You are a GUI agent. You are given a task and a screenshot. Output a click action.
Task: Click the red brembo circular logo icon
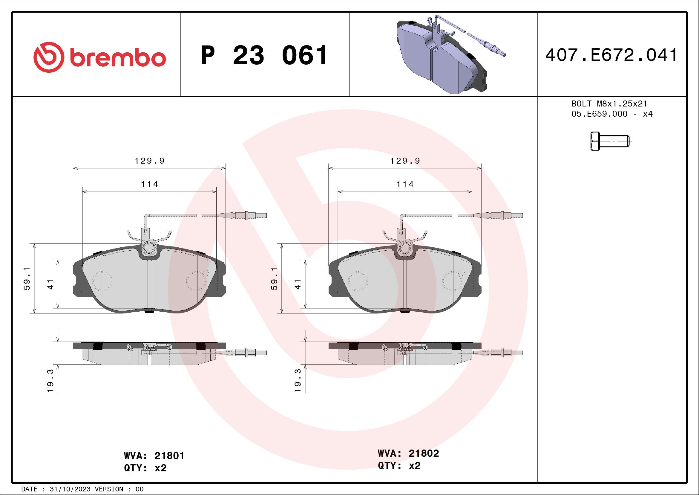click(x=49, y=57)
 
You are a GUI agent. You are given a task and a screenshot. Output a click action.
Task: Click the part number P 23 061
click(x=264, y=55)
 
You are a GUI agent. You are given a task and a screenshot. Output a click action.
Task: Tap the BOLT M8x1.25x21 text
click(x=609, y=103)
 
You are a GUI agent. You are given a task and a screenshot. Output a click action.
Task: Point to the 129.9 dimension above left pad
click(x=149, y=161)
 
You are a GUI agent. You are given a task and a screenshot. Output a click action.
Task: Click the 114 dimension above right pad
click(x=405, y=185)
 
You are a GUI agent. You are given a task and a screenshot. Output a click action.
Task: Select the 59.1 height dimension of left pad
click(x=27, y=278)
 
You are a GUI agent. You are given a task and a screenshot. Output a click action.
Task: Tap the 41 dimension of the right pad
click(x=298, y=284)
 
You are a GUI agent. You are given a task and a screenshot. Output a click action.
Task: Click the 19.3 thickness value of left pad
click(x=50, y=380)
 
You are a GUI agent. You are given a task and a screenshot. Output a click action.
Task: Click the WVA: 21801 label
click(x=154, y=456)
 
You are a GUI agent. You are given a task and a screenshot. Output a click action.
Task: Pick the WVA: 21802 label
click(x=408, y=453)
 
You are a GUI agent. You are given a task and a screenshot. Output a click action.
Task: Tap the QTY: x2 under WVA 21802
click(x=399, y=465)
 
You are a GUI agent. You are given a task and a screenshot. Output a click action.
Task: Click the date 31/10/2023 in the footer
click(x=70, y=489)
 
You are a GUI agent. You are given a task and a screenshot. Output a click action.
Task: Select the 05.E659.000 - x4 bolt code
click(x=612, y=114)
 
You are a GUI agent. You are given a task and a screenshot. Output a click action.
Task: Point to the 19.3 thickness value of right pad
click(x=298, y=380)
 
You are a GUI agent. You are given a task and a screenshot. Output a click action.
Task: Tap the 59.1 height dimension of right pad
click(x=274, y=278)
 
